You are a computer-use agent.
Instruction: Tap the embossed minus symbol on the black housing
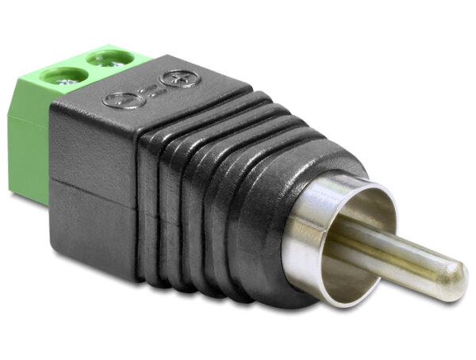119,101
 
